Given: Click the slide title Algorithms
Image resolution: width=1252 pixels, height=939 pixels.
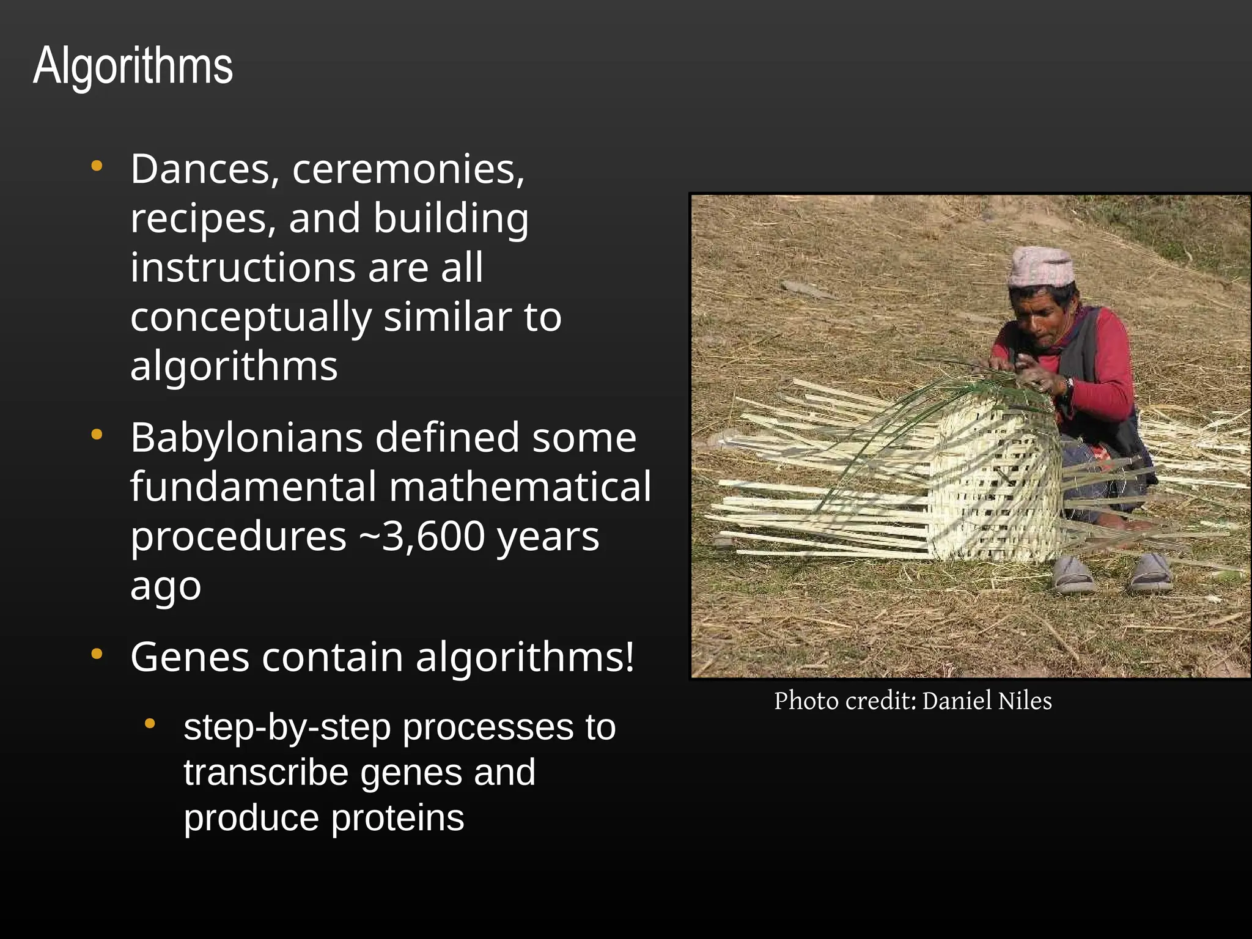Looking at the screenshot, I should pyautogui.click(x=133, y=65).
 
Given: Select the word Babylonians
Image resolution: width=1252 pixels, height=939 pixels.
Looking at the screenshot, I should pyautogui.click(x=246, y=438).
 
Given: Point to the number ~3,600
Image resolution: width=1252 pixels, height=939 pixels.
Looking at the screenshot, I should pyautogui.click(x=421, y=536).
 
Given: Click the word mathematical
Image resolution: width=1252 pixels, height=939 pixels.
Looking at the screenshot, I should pyautogui.click(x=520, y=487).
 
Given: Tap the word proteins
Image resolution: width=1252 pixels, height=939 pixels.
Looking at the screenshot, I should pyautogui.click(x=397, y=818).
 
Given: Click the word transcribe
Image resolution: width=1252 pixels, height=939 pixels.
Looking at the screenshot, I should pyautogui.click(x=265, y=773).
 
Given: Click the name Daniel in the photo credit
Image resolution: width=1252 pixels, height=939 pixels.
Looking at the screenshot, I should pyautogui.click(x=957, y=701).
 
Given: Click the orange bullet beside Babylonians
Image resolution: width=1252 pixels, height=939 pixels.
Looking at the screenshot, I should pyautogui.click(x=97, y=435).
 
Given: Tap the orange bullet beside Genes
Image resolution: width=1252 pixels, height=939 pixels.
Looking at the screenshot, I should pyautogui.click(x=97, y=654).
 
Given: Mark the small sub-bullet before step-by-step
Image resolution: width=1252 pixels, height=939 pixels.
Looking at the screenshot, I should pyautogui.click(x=150, y=724).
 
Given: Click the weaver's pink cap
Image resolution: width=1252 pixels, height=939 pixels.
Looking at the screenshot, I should pyautogui.click(x=1040, y=267).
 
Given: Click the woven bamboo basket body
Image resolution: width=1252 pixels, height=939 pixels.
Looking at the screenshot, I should pyautogui.click(x=996, y=483).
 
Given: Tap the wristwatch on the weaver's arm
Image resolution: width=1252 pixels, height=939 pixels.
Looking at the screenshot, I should pyautogui.click(x=1067, y=385).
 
